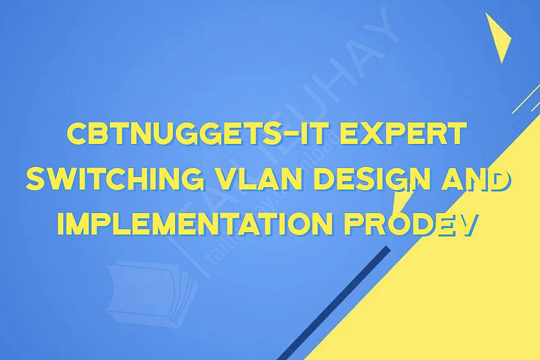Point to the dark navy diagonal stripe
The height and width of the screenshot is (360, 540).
coord(336,300)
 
